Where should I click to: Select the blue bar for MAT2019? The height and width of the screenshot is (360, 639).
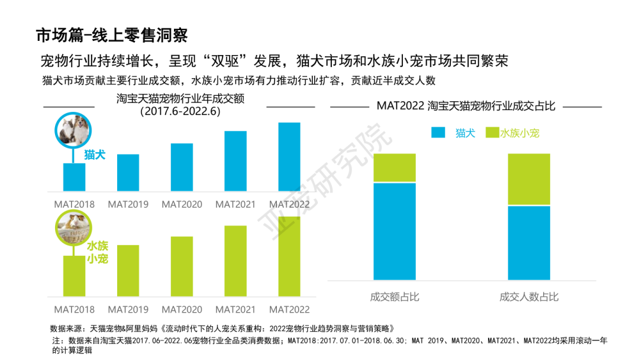click(x=128, y=173)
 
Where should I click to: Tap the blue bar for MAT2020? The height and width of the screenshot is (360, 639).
click(x=182, y=168)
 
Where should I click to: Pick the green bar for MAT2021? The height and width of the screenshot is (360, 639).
click(x=235, y=261)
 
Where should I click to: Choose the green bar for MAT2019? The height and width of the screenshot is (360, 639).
click(x=128, y=271)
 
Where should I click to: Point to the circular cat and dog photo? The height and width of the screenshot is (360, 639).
click(x=72, y=130)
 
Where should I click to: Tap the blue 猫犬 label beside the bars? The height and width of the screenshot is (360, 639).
click(x=95, y=155)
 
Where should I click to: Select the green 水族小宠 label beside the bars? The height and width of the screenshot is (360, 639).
click(x=98, y=252)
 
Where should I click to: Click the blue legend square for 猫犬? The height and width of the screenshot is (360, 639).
click(x=438, y=133)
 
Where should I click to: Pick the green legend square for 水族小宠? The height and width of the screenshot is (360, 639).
click(x=491, y=133)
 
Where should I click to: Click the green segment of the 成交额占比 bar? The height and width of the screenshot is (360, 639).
click(x=395, y=168)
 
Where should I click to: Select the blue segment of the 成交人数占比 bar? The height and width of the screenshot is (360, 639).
click(x=529, y=243)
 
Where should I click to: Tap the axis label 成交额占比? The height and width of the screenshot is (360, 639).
click(x=395, y=297)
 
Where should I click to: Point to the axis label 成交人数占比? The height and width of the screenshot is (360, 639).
click(x=529, y=297)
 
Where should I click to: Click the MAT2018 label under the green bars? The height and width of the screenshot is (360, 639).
click(x=75, y=310)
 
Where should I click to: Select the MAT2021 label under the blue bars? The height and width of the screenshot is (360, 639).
click(x=235, y=204)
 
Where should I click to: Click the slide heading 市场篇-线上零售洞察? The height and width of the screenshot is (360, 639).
click(x=112, y=36)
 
